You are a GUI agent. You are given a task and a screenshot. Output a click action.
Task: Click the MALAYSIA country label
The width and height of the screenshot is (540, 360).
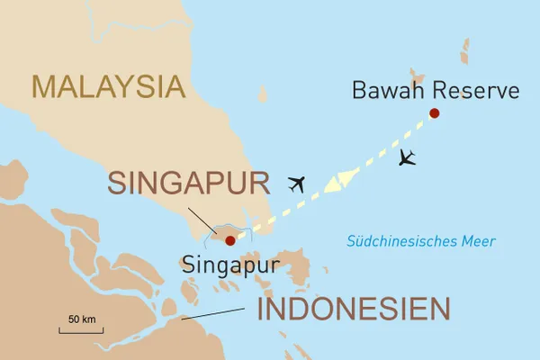pyautogui.click(x=108, y=86)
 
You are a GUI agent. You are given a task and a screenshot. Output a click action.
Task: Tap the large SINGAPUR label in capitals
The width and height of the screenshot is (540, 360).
pyautogui.click(x=189, y=184)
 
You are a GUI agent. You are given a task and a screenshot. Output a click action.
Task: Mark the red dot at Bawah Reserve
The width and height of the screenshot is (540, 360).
pyautogui.click(x=435, y=112)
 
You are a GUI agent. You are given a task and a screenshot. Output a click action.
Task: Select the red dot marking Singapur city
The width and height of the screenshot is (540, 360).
pyautogui.click(x=229, y=240)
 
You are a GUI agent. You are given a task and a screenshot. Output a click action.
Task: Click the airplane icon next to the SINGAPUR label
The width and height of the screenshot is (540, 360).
pyautogui.click(x=297, y=184)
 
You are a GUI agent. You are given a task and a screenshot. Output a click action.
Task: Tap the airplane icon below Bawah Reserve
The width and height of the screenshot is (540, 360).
pyautogui.click(x=407, y=157)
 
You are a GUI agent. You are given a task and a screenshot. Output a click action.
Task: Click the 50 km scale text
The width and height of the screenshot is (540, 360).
pyautogui.click(x=82, y=319)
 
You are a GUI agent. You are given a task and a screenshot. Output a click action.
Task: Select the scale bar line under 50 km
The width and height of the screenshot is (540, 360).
pyautogui.click(x=82, y=331)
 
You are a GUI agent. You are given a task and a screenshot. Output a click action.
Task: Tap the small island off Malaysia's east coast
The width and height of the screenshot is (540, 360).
pyautogui.click(x=263, y=94)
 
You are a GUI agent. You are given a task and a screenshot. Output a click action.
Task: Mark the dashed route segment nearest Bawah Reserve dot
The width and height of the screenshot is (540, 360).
pyautogui.click(x=418, y=126)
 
